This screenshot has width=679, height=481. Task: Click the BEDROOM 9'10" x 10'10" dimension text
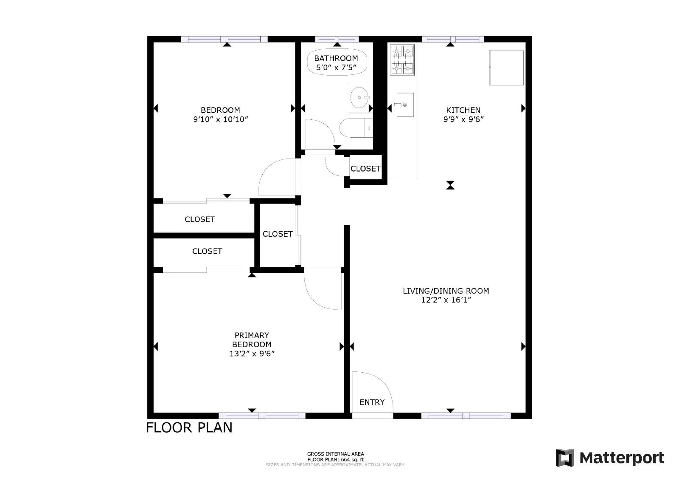(220, 119)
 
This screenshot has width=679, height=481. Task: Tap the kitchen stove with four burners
(402, 59)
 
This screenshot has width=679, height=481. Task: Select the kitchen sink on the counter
(404, 105)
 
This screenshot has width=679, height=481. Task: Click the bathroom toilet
(356, 128)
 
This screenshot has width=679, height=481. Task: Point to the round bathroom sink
(360, 98)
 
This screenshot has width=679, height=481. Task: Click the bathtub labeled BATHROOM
(336, 62)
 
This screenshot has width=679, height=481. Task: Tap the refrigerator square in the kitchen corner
(506, 68)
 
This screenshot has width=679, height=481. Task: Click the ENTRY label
(372, 402)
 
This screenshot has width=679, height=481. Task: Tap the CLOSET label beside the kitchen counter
(365, 169)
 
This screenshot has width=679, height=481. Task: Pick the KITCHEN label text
(463, 110)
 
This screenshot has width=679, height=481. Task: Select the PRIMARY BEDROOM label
(252, 340)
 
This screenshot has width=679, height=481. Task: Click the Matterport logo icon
(565, 458)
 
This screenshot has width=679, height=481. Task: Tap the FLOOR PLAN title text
(189, 427)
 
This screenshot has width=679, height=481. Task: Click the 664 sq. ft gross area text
(335, 459)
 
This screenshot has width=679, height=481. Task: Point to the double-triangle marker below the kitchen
(450, 185)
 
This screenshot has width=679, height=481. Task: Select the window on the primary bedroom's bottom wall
(262, 416)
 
